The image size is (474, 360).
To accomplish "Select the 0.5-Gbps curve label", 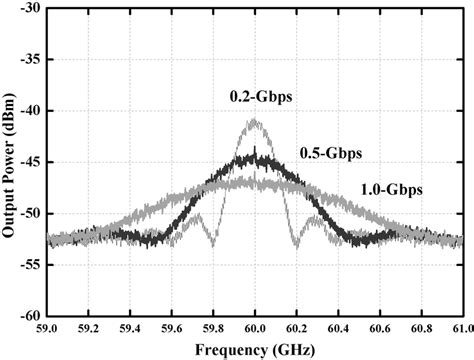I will [331, 153].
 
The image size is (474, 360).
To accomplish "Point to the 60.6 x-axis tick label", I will [379, 329].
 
